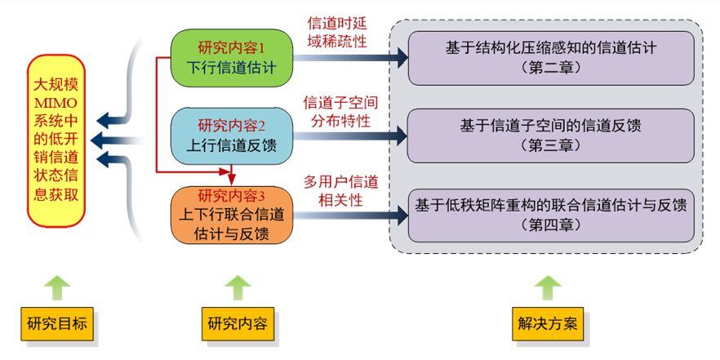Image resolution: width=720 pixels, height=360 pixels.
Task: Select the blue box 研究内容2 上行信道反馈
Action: [x=231, y=135]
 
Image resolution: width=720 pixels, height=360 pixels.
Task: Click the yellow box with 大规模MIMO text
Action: [x=56, y=140]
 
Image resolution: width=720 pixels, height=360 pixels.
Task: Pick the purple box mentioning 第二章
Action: [x=551, y=57]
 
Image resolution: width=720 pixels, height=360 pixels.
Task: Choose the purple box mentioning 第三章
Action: [x=551, y=136]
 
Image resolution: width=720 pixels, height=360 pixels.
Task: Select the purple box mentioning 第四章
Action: [x=551, y=215]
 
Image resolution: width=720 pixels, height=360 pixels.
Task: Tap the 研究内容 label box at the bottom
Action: [x=238, y=324]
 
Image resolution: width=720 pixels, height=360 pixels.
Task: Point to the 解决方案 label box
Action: [x=548, y=324]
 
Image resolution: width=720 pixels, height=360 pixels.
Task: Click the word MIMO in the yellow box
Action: [x=56, y=102]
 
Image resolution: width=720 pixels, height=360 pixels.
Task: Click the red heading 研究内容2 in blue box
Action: [x=232, y=125]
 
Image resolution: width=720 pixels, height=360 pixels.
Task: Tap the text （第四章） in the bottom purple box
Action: [x=551, y=224]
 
